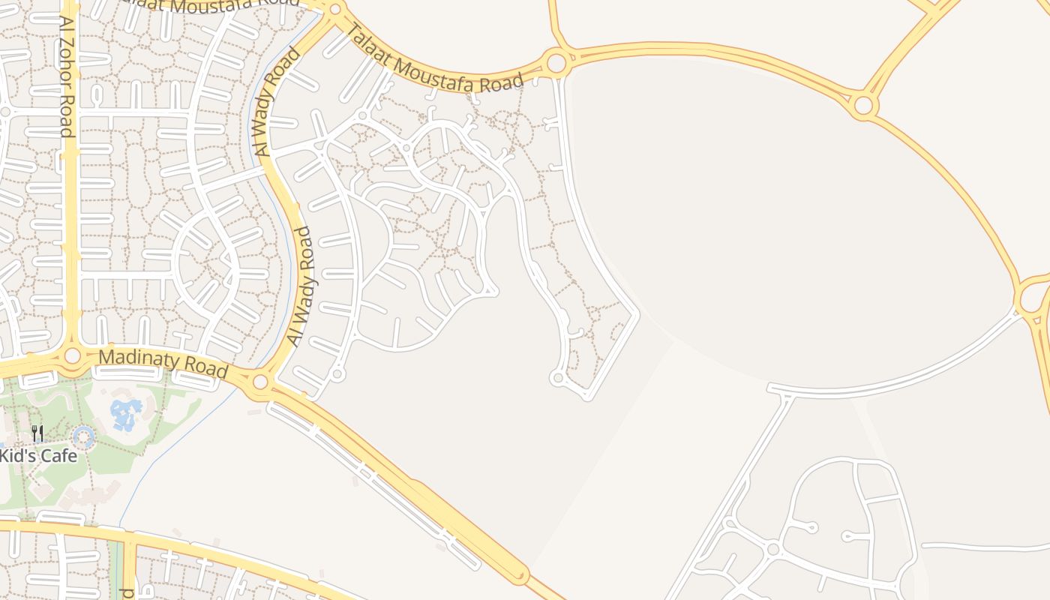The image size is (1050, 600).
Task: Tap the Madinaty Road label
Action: tap(163, 363)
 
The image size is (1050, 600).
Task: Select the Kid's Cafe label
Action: tap(38, 455)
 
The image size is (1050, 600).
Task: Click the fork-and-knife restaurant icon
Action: tap(37, 433)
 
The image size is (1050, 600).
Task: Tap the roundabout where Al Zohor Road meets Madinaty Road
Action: tap(72, 355)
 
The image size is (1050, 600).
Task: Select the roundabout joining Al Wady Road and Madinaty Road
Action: tap(260, 382)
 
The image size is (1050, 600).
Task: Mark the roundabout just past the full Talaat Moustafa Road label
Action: tap(556, 62)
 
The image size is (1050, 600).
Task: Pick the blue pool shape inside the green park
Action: tap(126, 414)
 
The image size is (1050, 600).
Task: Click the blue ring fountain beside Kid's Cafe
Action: tap(82, 436)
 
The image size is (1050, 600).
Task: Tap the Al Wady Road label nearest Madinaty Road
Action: tap(301, 286)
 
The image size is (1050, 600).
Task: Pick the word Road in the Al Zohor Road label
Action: tap(67, 117)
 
